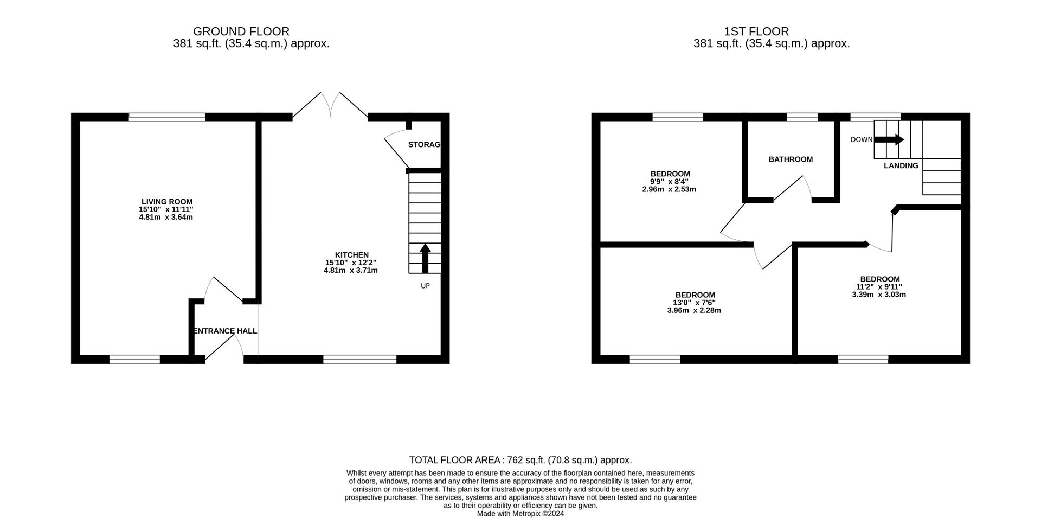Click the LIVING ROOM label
click(x=167, y=202)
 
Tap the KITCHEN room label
click(x=351, y=255)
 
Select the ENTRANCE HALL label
click(x=224, y=331)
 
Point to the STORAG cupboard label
click(x=424, y=145)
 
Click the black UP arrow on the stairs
click(x=425, y=258)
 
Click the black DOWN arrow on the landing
click(x=889, y=139)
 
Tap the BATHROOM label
click(x=791, y=159)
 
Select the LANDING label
click(x=901, y=165)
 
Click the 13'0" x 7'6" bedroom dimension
click(x=694, y=303)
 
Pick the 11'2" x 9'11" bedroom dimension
click(x=879, y=287)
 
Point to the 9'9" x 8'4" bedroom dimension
click(x=670, y=182)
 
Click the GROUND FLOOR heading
click(x=241, y=31)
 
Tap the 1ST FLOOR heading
click(x=771, y=31)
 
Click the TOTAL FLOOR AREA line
click(x=520, y=460)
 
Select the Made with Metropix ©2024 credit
click(x=520, y=514)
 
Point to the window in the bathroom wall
click(x=802, y=117)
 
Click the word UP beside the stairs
click(x=425, y=286)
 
